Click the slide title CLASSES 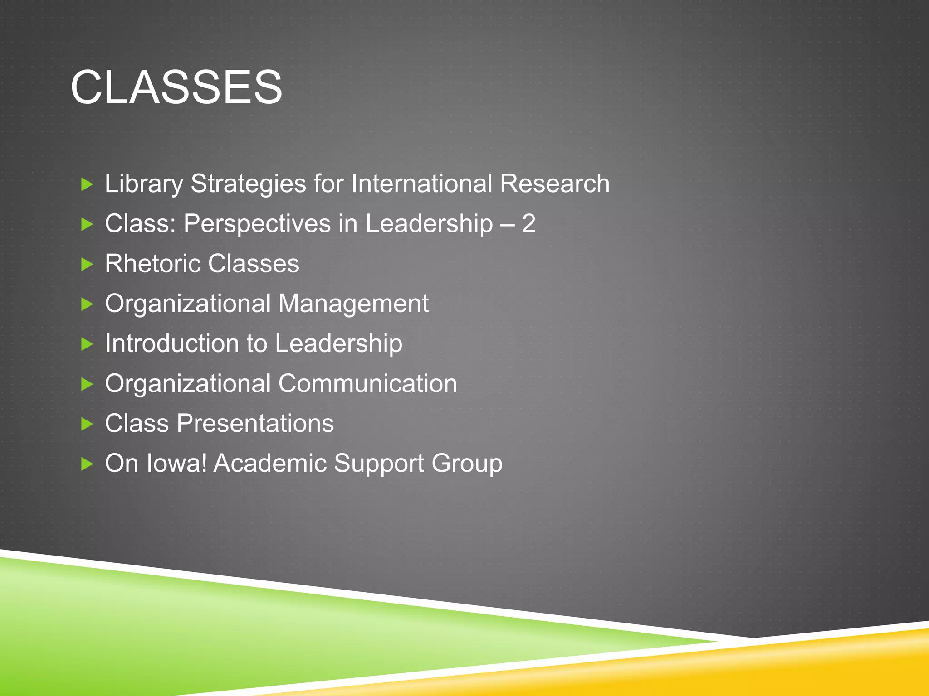pos(176,87)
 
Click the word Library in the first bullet pos(144,184)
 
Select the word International pos(421,184)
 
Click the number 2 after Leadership pos(528,224)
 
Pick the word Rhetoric pos(152,264)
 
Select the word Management pos(353,304)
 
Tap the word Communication pos(367,384)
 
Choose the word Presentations pos(255,424)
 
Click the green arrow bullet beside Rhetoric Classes pos(87,264)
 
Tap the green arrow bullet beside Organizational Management pos(87,304)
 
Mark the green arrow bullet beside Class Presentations pos(87,424)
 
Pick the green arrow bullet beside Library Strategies pos(87,184)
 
